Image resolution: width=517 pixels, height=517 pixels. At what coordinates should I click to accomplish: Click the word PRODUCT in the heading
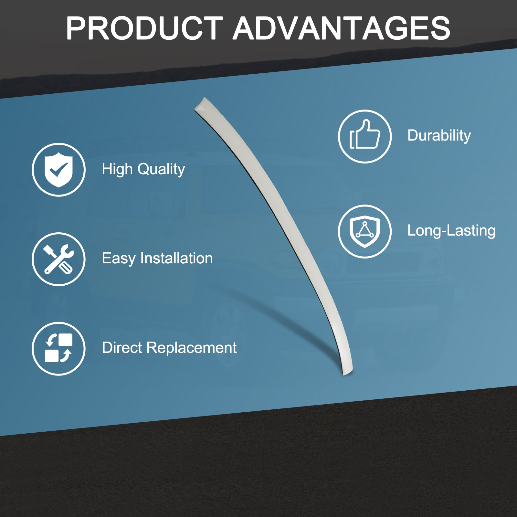144,28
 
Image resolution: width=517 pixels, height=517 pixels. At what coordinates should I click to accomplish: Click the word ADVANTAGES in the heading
341,28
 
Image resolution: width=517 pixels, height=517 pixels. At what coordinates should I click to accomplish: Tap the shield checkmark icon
58,170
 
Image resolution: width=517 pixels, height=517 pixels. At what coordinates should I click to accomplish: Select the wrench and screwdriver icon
58,259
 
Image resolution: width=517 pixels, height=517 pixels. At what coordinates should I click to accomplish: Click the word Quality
161,170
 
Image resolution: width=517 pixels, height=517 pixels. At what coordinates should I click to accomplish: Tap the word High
117,169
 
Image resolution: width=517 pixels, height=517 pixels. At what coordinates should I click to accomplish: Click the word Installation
176,258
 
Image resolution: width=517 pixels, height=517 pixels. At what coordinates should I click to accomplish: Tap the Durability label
439,135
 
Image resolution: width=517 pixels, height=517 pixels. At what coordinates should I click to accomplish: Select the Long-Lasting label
451,231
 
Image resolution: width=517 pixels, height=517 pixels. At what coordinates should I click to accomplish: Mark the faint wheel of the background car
228,333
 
